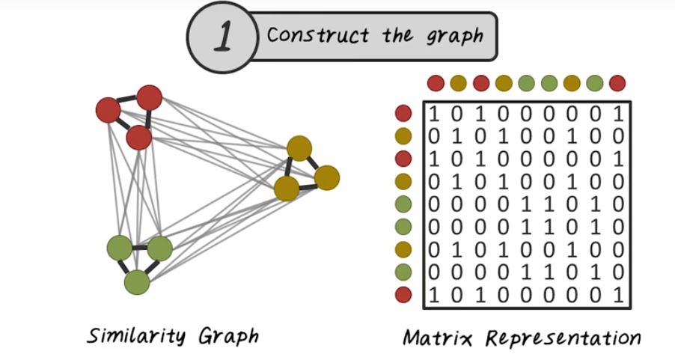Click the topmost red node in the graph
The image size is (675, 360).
tap(150, 97)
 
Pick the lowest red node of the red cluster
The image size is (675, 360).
tap(139, 138)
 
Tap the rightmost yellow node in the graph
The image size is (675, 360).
tap(327, 177)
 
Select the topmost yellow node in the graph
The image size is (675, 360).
tap(299, 147)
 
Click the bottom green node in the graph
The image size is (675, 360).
tap(137, 282)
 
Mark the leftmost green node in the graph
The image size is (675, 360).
tap(119, 247)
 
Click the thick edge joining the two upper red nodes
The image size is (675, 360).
tap(129, 103)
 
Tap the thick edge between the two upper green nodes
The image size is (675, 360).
tap(139, 247)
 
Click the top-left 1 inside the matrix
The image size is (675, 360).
tap(433, 115)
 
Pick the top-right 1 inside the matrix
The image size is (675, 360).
tap(618, 115)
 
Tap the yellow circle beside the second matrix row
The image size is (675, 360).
tap(403, 136)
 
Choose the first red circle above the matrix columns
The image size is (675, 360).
tap(436, 83)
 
